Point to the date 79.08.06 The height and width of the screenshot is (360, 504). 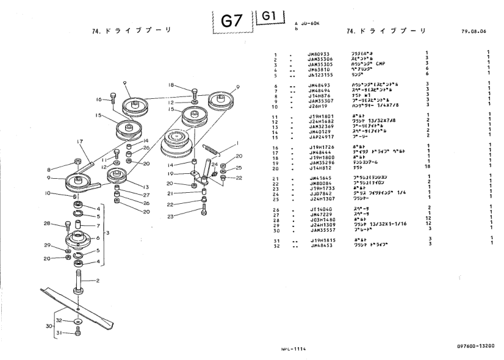(477, 31)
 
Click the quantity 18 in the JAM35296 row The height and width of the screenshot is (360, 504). (428, 167)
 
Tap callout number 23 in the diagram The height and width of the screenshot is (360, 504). (171, 217)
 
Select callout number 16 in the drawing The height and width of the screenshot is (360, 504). (99, 99)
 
